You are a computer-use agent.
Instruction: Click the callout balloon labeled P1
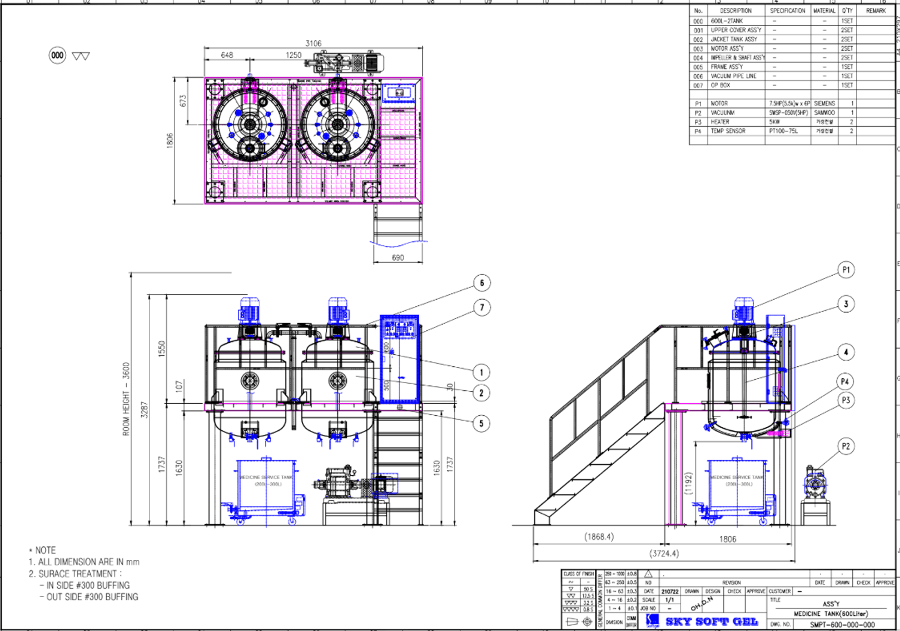point(846,270)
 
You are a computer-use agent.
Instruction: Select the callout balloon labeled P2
point(846,446)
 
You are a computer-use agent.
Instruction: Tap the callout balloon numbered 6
point(482,283)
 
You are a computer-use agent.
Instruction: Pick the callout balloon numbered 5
point(481,423)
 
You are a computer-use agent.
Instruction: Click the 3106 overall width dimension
point(313,43)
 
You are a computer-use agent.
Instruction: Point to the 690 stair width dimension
point(398,257)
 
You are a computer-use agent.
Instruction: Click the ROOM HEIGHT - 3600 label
point(126,399)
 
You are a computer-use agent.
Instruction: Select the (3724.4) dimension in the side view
point(664,553)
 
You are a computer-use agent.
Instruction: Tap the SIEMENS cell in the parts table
point(824,103)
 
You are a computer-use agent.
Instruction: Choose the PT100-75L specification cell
point(783,131)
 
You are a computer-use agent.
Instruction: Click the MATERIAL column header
point(824,11)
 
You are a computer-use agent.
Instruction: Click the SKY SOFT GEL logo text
point(712,622)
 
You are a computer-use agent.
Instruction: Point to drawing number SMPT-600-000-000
point(842,624)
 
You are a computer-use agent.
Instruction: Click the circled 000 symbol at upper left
point(57,55)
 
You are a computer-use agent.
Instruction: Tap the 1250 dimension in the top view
point(294,55)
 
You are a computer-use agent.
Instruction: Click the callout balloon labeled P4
point(845,381)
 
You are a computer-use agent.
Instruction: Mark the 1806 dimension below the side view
point(728,539)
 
